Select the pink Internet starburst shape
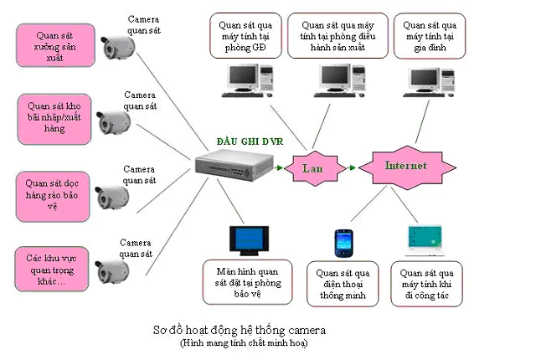pyautogui.click(x=405, y=165)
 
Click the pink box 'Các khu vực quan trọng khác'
pyautogui.click(x=52, y=267)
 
